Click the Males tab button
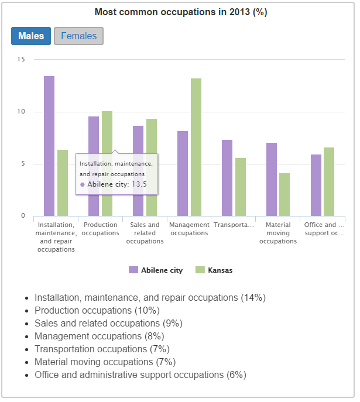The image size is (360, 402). tap(31, 36)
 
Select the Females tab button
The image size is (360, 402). tap(78, 36)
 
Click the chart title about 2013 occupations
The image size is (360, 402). tap(180, 12)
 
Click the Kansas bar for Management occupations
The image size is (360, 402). tap(196, 146)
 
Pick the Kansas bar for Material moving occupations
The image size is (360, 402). tap(284, 194)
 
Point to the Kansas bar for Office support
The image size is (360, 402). tap(329, 181)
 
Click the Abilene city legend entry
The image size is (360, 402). tap(156, 270)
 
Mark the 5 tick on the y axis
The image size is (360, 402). tap(23, 164)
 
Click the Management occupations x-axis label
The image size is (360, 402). tap(189, 229)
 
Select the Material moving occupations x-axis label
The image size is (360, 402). tap(278, 233)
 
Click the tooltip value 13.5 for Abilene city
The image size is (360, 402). tap(139, 184)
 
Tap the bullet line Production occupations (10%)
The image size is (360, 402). tap(97, 310)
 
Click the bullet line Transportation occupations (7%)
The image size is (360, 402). tap(105, 349)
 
